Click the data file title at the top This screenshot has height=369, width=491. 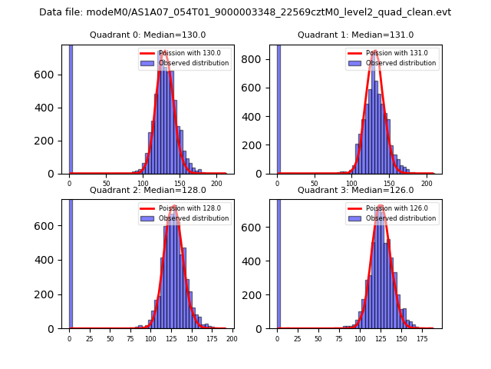[x=245, y=12]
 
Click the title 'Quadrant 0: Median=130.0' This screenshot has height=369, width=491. [x=148, y=35]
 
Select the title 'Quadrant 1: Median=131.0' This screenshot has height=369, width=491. [x=355, y=35]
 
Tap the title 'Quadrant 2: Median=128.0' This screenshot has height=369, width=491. [x=148, y=190]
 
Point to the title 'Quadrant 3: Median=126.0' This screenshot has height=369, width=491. [x=355, y=190]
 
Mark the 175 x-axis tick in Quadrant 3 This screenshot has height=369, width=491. [x=421, y=339]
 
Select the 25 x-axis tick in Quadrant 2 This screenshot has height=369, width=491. [x=89, y=339]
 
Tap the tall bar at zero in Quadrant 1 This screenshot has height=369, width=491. [x=278, y=108]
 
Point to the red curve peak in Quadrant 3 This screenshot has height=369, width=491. [x=381, y=206]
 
